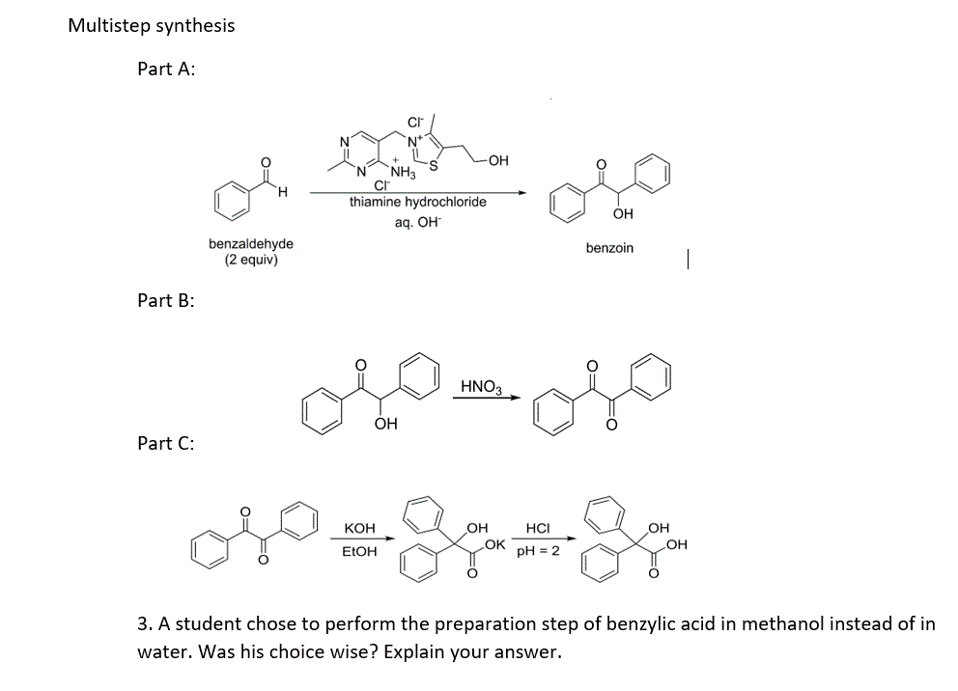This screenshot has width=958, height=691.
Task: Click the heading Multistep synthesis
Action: (x=151, y=26)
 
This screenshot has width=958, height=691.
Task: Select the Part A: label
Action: (x=167, y=69)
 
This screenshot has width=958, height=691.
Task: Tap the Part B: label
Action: (x=166, y=300)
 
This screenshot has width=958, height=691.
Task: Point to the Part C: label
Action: (x=166, y=443)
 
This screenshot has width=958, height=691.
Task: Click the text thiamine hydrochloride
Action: (x=417, y=202)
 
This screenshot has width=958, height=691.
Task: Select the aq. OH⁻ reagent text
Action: (x=417, y=222)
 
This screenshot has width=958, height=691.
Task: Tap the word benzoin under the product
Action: (x=609, y=248)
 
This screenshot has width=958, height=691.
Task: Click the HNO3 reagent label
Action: (x=481, y=387)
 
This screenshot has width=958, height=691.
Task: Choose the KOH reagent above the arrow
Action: (x=359, y=528)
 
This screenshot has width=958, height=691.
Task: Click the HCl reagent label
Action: (x=537, y=528)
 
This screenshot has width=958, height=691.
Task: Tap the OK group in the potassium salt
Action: (x=494, y=545)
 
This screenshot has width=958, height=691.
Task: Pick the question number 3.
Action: (x=143, y=623)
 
